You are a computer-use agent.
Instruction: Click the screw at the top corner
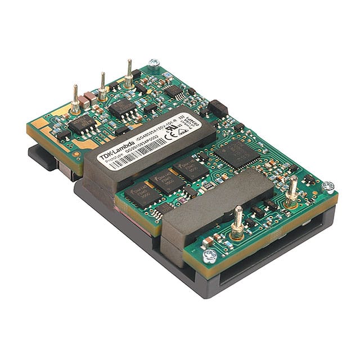[x=153, y=63]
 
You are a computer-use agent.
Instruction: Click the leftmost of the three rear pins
[x=75, y=101]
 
